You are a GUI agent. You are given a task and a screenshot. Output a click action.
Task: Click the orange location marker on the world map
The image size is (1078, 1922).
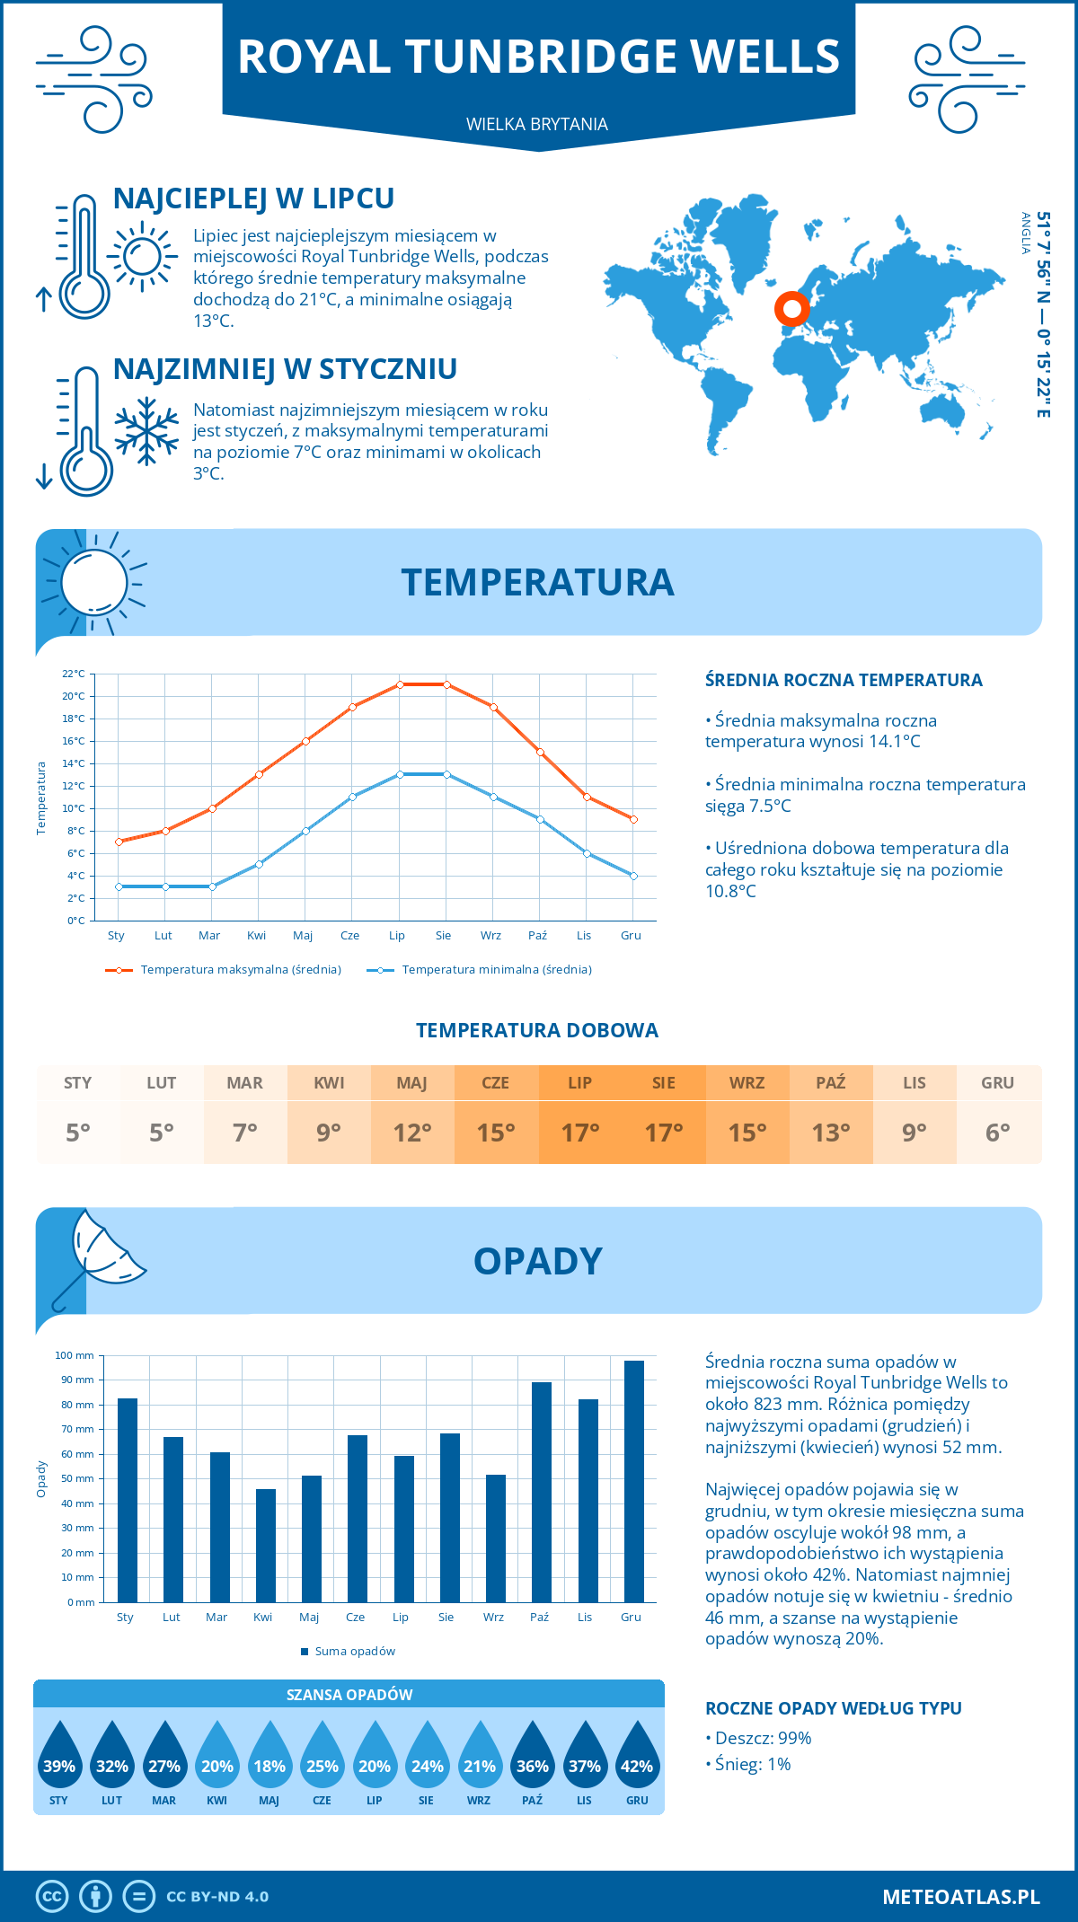[791, 309]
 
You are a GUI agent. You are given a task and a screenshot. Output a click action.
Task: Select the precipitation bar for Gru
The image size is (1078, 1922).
[633, 1481]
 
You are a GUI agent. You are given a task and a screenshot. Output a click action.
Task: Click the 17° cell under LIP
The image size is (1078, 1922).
[580, 1133]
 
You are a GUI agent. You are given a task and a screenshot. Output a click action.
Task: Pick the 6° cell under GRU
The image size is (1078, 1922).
[997, 1133]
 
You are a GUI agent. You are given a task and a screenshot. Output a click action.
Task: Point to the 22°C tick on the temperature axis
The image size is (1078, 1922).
[74, 674]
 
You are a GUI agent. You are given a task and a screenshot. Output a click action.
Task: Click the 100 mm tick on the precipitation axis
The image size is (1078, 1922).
[75, 1355]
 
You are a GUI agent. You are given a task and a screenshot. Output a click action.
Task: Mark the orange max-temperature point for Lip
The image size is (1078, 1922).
[400, 684]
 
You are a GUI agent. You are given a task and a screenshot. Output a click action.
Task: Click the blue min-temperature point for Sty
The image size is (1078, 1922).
[119, 886]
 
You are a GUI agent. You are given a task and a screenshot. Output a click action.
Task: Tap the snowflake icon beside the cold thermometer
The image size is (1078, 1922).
[146, 431]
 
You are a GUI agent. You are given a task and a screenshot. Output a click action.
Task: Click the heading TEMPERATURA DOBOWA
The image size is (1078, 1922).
[537, 1030]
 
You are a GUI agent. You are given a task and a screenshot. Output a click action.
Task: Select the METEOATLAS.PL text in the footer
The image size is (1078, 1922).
[960, 1897]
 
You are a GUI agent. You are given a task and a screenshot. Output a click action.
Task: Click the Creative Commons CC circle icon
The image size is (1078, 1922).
[52, 1897]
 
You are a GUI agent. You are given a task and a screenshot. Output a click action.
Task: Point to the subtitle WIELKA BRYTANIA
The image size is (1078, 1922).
[537, 124]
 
